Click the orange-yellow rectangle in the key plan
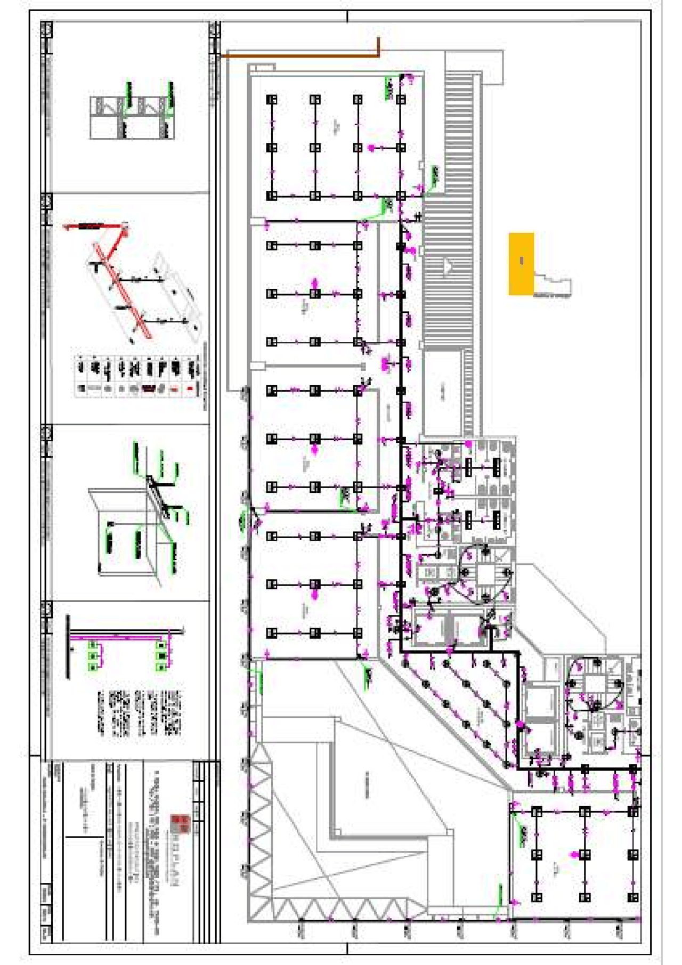(521, 263)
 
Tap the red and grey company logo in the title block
(180, 824)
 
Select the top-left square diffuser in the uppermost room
(272, 100)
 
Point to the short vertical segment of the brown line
(379, 46)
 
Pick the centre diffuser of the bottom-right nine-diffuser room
(584, 855)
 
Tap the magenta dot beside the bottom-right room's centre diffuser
(574, 855)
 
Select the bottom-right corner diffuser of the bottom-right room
(633, 898)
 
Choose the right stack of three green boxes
(161, 656)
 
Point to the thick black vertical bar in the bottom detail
(68, 646)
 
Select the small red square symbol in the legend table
(190, 389)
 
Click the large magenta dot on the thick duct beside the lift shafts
(520, 724)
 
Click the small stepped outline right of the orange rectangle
(553, 285)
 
